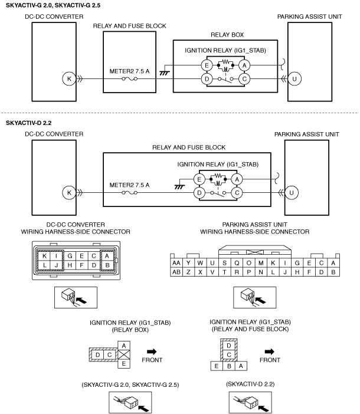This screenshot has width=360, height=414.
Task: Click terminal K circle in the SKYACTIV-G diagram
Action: (69, 78)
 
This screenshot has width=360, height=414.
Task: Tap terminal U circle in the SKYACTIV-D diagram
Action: (292, 193)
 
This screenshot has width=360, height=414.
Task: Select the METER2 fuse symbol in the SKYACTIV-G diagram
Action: (129, 78)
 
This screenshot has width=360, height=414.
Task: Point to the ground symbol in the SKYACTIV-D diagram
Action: (179, 187)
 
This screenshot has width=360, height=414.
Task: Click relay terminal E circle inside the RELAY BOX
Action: (207, 65)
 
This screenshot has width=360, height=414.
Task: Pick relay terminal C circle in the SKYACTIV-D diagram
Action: (237, 193)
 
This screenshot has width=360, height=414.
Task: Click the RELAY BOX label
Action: (227, 35)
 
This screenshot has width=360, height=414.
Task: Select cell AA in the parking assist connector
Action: (176, 263)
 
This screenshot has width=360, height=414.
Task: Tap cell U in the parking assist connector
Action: (212, 263)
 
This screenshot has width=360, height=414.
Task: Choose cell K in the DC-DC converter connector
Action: (44, 256)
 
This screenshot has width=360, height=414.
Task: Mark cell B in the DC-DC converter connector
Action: (107, 265)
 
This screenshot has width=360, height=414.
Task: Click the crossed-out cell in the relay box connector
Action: (124, 354)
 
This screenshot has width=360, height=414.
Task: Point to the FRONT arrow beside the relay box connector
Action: (152, 351)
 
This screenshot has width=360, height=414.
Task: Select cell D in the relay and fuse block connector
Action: (229, 346)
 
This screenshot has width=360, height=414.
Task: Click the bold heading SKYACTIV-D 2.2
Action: (28, 123)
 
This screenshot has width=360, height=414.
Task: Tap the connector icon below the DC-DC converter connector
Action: (76, 297)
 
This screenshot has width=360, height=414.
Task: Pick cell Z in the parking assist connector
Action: (188, 272)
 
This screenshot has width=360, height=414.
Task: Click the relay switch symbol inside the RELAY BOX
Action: (225, 79)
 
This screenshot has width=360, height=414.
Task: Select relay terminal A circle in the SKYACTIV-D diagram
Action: (237, 179)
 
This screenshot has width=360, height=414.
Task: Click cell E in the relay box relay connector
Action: (124, 364)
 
